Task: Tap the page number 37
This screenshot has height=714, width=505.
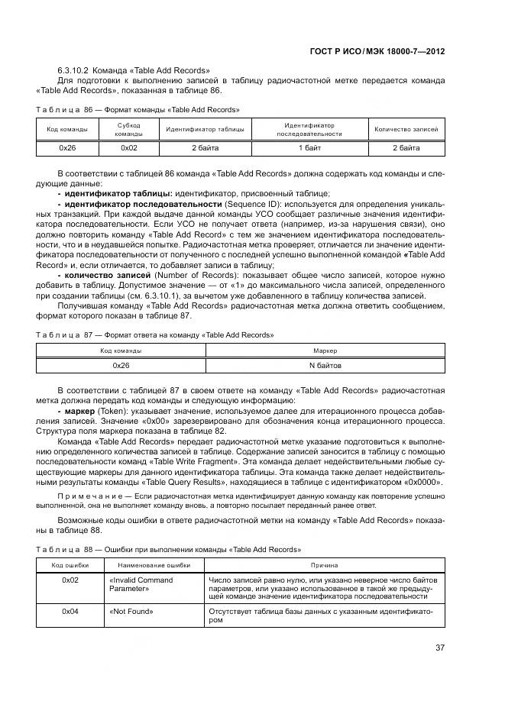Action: pyautogui.click(x=440, y=648)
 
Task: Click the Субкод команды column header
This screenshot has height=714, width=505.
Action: pyautogui.click(x=129, y=129)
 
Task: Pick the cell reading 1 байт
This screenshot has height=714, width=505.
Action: pyautogui.click(x=309, y=147)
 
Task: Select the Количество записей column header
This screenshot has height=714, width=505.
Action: pyautogui.click(x=406, y=129)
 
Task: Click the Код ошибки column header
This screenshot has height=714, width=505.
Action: pyautogui.click(x=70, y=564)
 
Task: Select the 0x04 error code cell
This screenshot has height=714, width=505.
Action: pyautogui.click(x=70, y=612)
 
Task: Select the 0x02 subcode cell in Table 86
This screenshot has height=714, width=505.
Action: pyautogui.click(x=129, y=147)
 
